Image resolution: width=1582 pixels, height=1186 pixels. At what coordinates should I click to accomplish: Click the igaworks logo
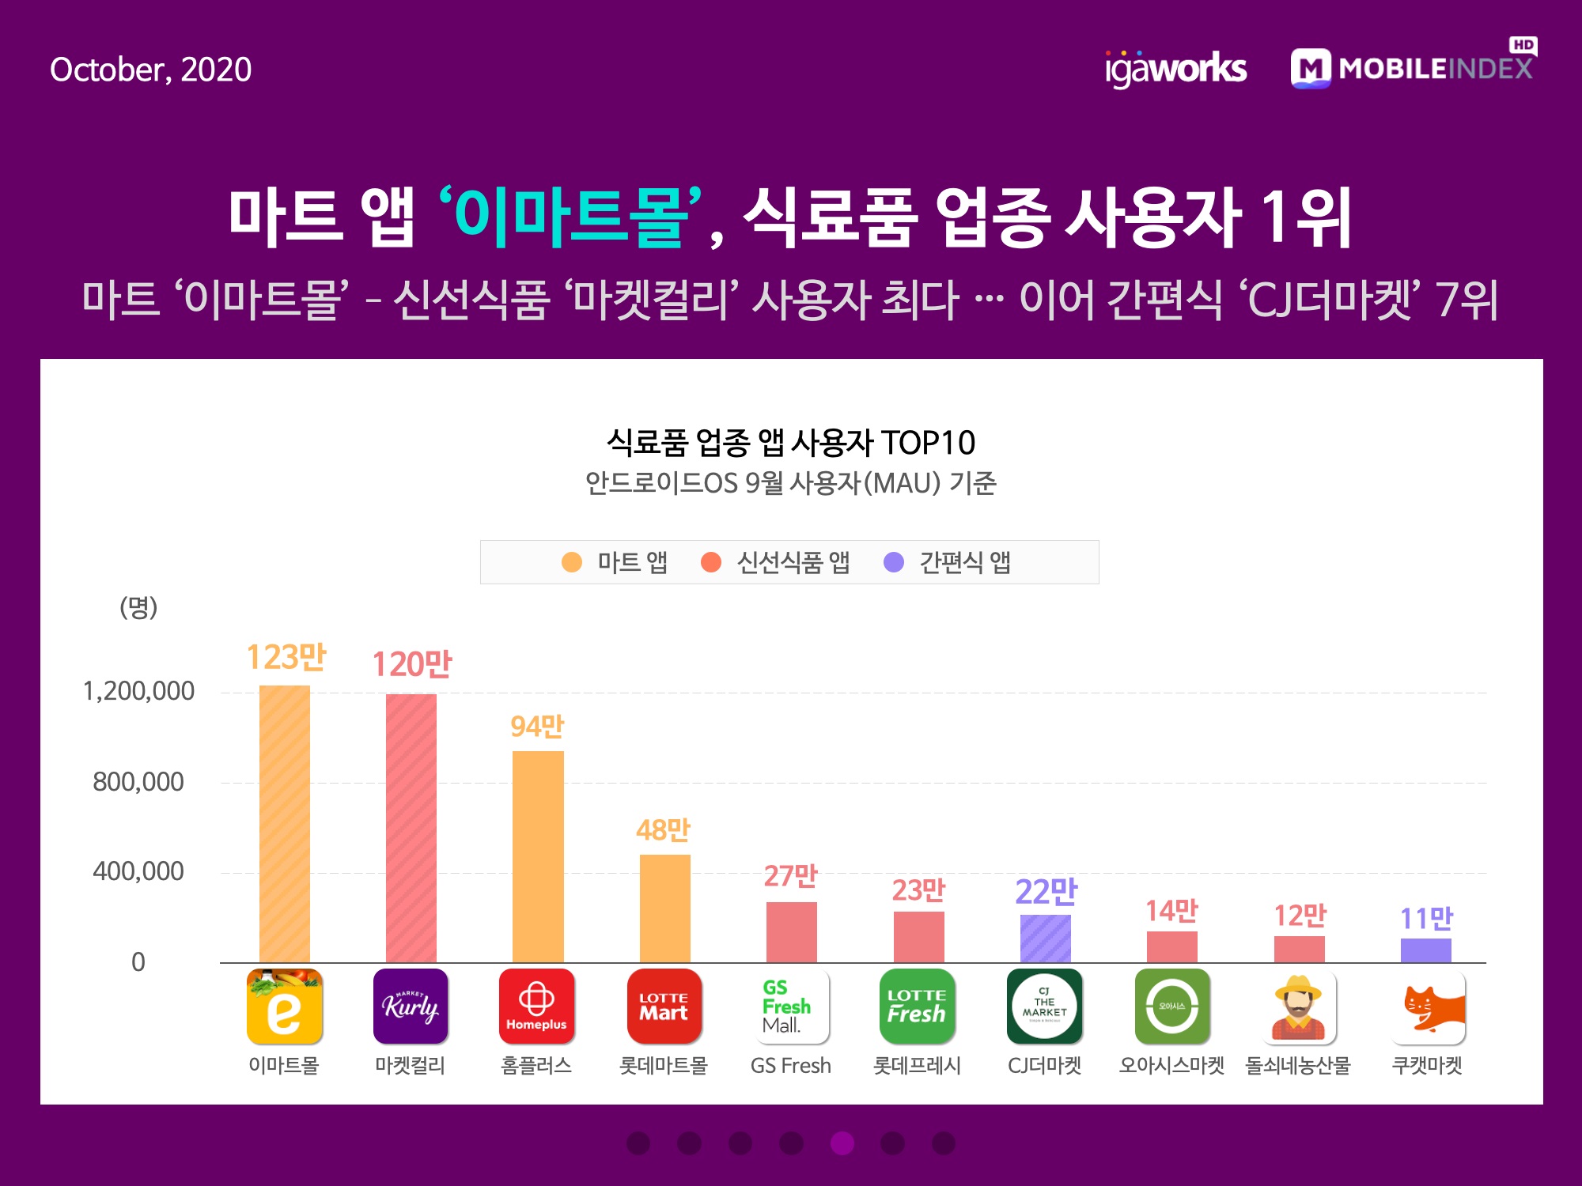tap(1175, 69)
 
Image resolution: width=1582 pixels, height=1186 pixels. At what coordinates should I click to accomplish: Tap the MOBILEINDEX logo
tap(1413, 68)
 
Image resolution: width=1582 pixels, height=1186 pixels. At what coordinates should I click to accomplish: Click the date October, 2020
tap(150, 70)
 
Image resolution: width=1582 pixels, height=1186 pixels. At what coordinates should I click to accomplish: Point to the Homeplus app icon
tap(536, 1007)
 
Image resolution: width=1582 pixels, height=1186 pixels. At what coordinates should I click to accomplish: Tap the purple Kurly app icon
tap(411, 1007)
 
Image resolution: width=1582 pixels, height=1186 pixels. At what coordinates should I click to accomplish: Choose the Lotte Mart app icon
tap(664, 1007)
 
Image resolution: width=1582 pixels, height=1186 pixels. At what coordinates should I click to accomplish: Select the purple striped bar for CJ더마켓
tap(1045, 939)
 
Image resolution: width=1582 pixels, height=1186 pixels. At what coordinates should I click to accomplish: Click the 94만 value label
tap(537, 726)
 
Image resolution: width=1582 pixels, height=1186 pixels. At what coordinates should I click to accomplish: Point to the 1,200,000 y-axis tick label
tap(138, 691)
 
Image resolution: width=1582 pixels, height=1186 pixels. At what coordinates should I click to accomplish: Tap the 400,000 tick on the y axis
tap(138, 871)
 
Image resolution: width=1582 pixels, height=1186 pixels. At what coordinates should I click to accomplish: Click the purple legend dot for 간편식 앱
tap(894, 562)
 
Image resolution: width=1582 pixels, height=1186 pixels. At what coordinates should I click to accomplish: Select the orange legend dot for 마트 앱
tap(571, 562)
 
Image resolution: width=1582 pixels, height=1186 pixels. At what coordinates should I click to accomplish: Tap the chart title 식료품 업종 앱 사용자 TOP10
tap(790, 443)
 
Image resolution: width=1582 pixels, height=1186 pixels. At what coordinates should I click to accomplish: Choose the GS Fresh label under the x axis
tap(790, 1066)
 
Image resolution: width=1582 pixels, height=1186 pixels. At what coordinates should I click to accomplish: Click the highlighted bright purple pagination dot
tap(842, 1143)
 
